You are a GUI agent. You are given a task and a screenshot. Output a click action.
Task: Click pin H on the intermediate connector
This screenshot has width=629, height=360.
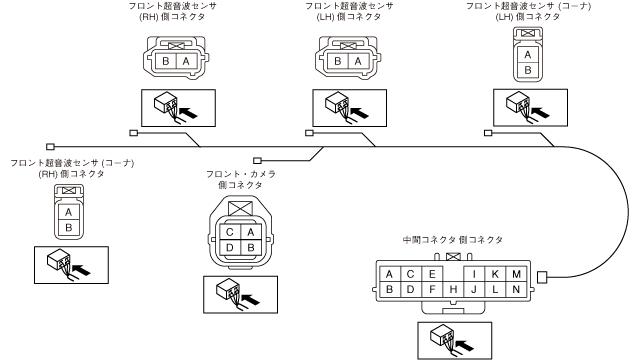click(x=453, y=289)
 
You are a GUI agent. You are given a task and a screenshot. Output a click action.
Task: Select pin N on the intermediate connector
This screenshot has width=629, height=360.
click(x=516, y=289)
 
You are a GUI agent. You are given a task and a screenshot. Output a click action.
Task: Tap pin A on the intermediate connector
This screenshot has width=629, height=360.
click(x=389, y=274)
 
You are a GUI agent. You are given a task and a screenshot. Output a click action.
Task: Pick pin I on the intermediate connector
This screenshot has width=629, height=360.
click(x=474, y=274)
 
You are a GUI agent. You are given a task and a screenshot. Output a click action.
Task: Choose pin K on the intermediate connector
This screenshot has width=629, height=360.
click(x=495, y=274)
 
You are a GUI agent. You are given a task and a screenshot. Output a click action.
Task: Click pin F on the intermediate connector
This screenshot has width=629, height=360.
click(x=432, y=289)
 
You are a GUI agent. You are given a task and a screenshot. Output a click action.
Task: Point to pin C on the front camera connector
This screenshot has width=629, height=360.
click(x=229, y=232)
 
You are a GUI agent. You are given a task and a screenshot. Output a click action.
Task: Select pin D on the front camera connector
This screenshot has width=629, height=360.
click(x=229, y=247)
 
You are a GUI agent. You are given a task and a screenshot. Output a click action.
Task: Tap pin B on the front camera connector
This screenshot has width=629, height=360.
click(x=251, y=247)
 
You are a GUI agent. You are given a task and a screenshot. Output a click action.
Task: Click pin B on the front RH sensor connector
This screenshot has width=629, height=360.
click(x=166, y=61)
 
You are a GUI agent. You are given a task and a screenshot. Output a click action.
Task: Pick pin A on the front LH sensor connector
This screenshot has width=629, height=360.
click(x=358, y=61)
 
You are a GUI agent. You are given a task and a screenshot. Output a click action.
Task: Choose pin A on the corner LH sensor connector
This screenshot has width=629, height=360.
click(x=528, y=55)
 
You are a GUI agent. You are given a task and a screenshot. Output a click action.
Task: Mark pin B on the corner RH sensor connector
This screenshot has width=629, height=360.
click(x=69, y=228)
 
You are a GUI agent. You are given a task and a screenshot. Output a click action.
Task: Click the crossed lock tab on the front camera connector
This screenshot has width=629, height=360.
click(x=240, y=209)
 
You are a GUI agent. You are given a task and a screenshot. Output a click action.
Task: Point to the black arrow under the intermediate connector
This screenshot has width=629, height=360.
click(x=465, y=345)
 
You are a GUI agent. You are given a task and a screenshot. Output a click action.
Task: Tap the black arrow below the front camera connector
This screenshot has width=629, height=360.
click(x=251, y=299)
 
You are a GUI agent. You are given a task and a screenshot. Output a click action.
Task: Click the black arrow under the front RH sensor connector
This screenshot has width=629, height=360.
click(x=189, y=112)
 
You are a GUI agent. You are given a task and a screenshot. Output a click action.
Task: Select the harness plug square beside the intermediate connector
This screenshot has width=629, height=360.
click(x=542, y=277)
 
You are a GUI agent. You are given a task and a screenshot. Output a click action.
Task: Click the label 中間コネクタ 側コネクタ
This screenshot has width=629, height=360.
click(x=452, y=240)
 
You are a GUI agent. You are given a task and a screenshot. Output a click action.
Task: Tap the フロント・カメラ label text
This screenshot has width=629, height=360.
click(x=241, y=174)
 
